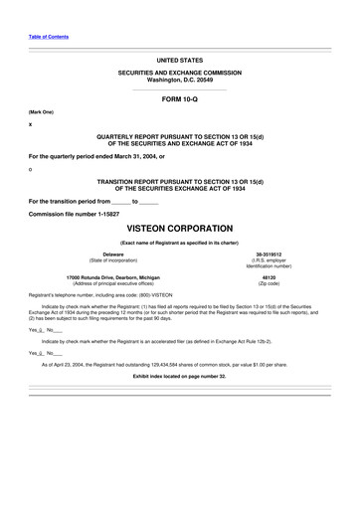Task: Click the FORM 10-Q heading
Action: [179, 101]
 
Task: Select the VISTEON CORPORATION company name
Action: [179, 228]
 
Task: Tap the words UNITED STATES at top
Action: [179, 61]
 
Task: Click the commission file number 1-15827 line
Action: [75, 212]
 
